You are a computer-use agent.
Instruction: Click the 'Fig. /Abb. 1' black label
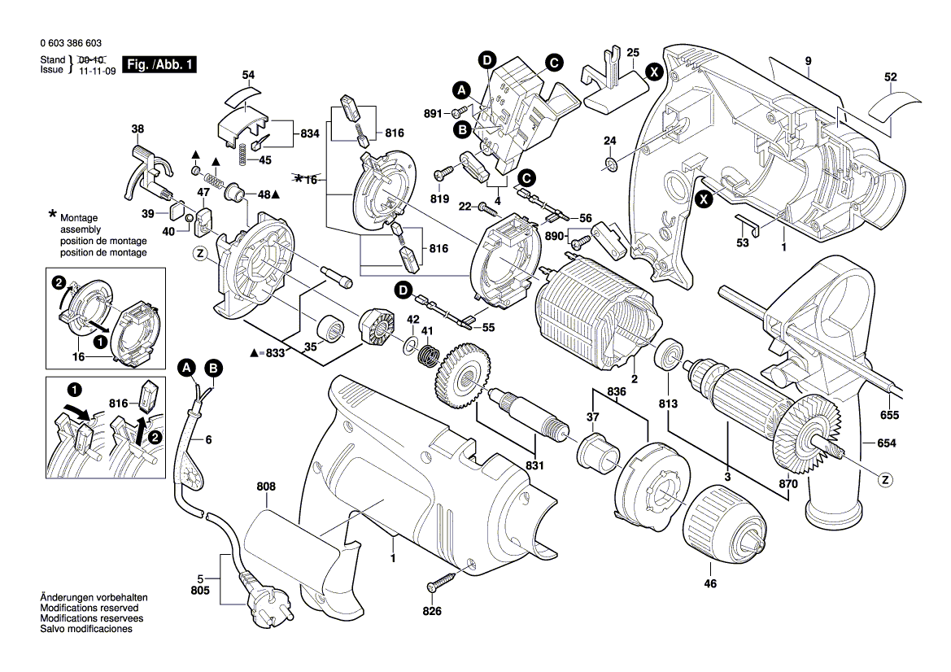(x=159, y=64)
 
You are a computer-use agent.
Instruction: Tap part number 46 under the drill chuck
(x=710, y=583)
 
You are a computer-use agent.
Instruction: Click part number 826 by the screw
(x=431, y=611)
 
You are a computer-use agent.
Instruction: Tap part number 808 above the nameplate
(x=266, y=487)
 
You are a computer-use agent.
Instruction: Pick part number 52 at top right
(x=891, y=77)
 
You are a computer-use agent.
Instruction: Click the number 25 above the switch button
(x=633, y=52)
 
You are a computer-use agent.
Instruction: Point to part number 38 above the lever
(x=137, y=129)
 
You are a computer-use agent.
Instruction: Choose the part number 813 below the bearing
(x=668, y=403)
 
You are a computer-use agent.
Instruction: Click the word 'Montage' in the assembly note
(x=79, y=219)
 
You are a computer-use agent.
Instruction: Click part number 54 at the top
(x=248, y=75)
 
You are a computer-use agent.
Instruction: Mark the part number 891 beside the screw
(x=432, y=113)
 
